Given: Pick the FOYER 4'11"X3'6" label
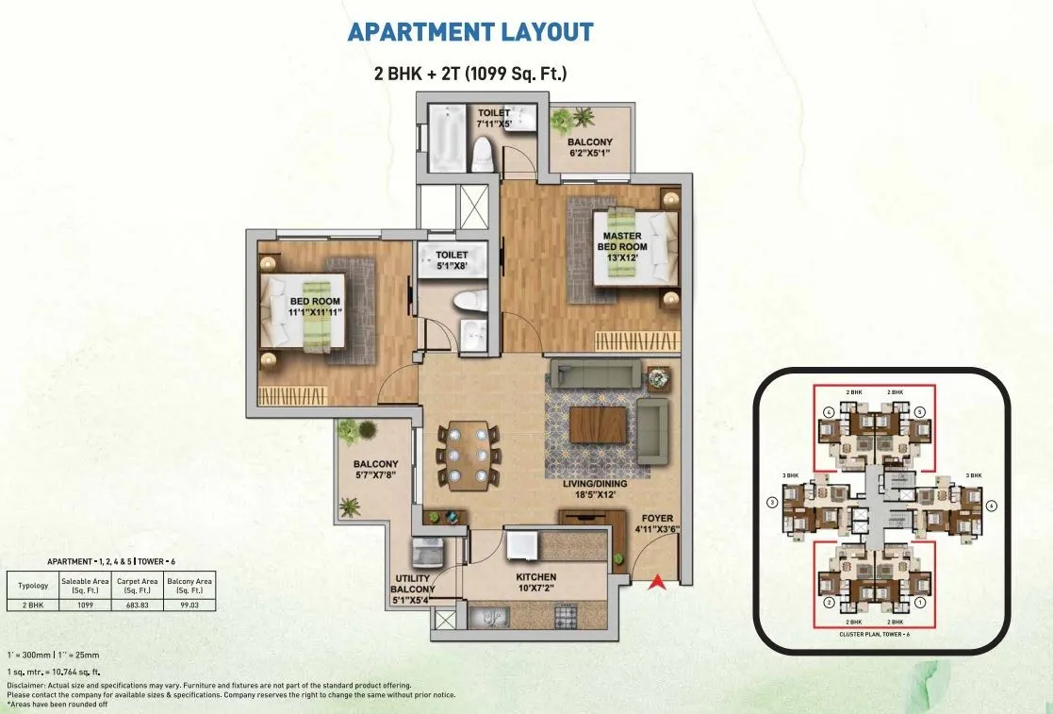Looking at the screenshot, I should [657, 524].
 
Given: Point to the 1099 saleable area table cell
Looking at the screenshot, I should [86, 605].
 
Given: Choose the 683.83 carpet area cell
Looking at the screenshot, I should [139, 605].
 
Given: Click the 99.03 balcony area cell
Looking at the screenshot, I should [189, 605].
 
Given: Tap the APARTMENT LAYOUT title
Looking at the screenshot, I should [470, 31].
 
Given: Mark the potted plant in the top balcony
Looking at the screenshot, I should [572, 120].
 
